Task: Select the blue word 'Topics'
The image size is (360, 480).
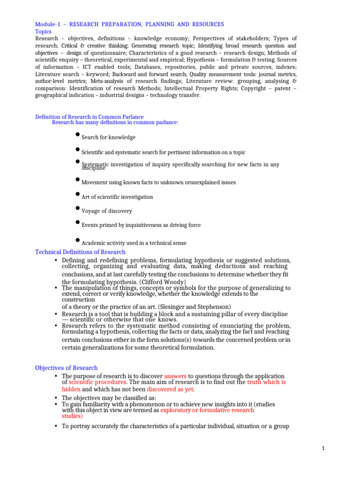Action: point(44,31)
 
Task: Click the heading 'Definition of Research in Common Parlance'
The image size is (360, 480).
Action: point(90,117)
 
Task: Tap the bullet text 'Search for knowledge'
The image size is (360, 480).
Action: point(108,137)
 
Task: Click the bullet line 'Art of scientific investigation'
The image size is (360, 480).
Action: point(117,197)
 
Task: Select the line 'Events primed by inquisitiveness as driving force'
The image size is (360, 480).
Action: point(141,225)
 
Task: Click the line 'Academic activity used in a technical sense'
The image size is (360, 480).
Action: point(134,243)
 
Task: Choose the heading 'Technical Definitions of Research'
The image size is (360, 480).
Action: point(80,252)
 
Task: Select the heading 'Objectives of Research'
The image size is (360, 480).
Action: point(67,367)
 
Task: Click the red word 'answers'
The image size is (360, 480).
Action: point(175,376)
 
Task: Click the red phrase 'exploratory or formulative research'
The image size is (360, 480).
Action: point(207,410)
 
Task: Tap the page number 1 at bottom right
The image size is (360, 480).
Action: point(323,448)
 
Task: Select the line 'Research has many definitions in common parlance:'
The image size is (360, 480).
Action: point(115,122)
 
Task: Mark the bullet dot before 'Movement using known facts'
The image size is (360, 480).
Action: point(77,179)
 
